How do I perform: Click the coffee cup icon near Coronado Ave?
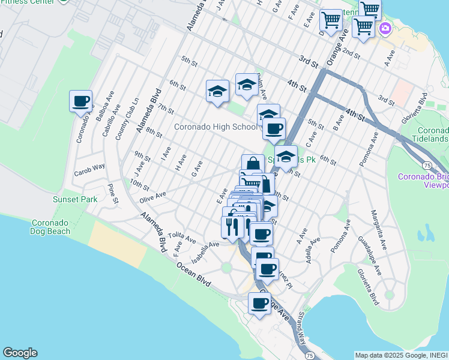pyautogui.click(x=80, y=101)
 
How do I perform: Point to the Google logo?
pyautogui.click(x=20, y=353)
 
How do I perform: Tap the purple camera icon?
pyautogui.click(x=384, y=28)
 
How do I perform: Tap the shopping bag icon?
pyautogui.click(x=253, y=164)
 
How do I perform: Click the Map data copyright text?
pyautogui.click(x=401, y=355)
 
